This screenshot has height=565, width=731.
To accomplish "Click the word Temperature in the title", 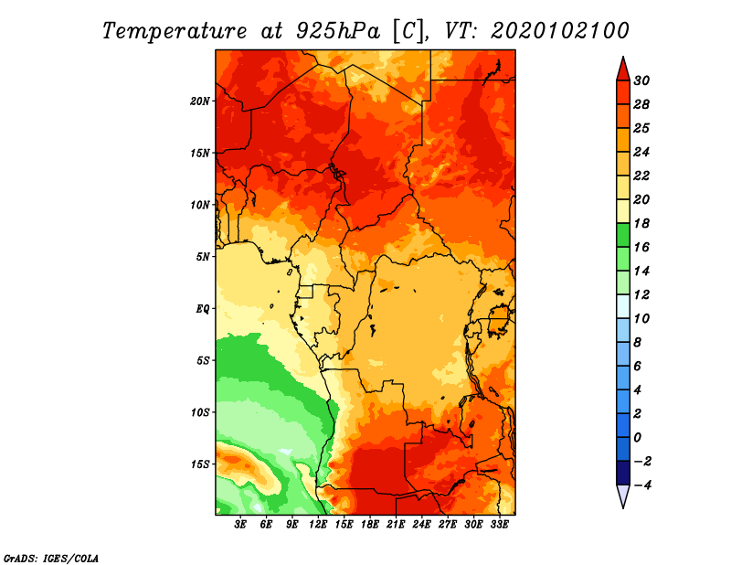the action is [x=175, y=32].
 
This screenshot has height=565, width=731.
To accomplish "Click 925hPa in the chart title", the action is [x=338, y=32].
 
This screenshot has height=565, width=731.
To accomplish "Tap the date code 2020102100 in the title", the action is [x=560, y=31].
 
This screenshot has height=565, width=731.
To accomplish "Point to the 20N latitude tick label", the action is [x=200, y=101].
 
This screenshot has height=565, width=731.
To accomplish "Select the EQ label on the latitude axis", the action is [x=203, y=309].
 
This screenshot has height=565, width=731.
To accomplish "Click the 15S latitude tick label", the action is [x=200, y=464].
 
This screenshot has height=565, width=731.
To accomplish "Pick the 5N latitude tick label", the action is [x=203, y=257].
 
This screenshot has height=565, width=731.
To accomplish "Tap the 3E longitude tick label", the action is [x=240, y=524].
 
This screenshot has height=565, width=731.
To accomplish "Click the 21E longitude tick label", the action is [x=396, y=524].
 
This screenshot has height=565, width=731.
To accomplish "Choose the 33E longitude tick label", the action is [x=499, y=524].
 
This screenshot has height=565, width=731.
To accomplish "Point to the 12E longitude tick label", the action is [x=318, y=524].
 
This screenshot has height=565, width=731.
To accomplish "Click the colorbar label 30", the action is [x=641, y=80].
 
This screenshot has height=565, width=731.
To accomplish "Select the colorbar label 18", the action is [x=641, y=223].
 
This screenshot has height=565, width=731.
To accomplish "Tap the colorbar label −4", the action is [x=642, y=485].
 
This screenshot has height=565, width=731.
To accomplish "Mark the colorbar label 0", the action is [x=637, y=438].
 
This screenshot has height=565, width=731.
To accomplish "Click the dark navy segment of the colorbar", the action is [x=623, y=473].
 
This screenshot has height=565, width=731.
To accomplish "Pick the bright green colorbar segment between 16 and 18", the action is [x=623, y=235].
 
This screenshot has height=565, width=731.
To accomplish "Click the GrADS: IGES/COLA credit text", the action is [x=51, y=558].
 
